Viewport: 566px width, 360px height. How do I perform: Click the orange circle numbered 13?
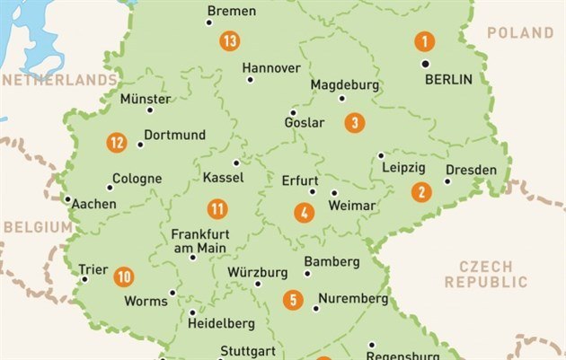coord(230,40)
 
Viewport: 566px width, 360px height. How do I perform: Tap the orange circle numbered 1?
coord(424,40)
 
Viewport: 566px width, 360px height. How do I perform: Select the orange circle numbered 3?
coord(355,122)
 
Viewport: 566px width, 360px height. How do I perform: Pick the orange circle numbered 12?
coord(116,142)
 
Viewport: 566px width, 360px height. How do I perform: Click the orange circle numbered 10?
coord(124,277)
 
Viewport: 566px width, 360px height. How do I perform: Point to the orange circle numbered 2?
coord(421,191)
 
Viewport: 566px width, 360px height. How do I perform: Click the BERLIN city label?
coord(448,79)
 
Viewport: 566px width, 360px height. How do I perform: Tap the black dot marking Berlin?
coord(425,64)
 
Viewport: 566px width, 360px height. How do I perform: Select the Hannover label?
coord(271,67)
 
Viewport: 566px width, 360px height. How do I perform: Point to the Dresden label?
coord(471,170)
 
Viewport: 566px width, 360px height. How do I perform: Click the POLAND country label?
coord(520,32)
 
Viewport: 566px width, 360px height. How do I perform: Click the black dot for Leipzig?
coord(381,155)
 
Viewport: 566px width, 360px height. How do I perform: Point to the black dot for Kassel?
coord(236,163)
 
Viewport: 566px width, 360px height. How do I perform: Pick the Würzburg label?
coord(257,272)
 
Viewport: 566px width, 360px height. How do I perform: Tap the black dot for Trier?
coord(85,279)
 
